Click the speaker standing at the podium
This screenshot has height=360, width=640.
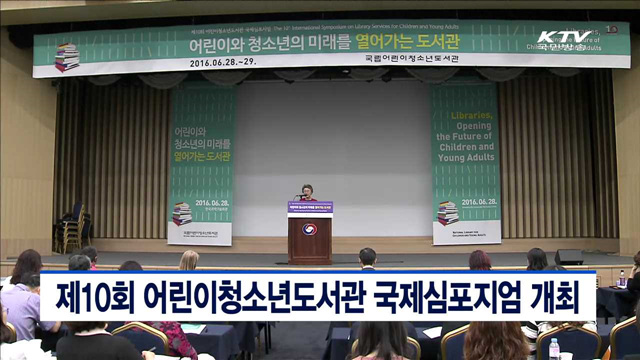click(307, 192)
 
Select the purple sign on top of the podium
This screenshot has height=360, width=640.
click(310, 208)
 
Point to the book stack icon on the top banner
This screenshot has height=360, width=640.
click(67, 57)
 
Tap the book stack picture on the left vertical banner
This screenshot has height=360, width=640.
click(181, 213)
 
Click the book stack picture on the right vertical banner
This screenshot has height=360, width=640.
click(448, 212)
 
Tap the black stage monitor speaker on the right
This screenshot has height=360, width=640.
click(569, 257)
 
